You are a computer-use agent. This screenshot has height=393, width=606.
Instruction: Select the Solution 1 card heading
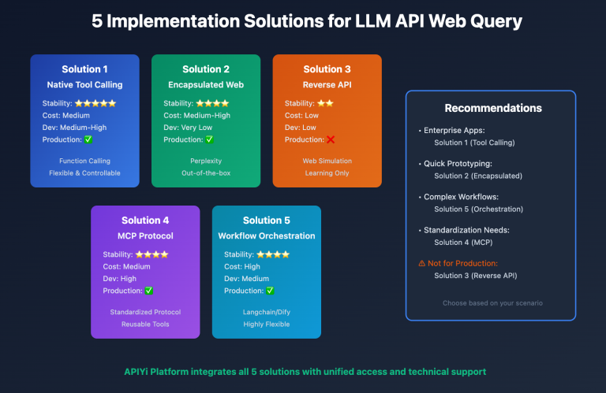click(84, 69)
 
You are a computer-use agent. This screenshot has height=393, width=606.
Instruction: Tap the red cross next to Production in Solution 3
click(331, 139)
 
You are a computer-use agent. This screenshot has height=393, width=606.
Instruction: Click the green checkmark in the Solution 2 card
click(209, 139)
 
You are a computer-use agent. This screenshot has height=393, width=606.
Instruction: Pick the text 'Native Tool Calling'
click(84, 84)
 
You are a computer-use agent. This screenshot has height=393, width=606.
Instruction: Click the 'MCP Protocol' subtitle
click(145, 235)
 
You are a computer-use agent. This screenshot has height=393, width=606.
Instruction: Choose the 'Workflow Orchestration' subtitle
click(267, 235)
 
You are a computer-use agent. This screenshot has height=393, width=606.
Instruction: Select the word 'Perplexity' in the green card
click(206, 161)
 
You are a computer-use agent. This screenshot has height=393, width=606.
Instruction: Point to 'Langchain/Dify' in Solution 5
click(267, 312)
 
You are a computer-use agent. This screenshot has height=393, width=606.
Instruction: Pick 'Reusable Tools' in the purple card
click(145, 324)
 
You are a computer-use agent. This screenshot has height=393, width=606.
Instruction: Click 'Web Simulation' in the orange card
click(327, 161)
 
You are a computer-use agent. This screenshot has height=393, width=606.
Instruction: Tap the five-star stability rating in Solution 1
click(95, 103)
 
